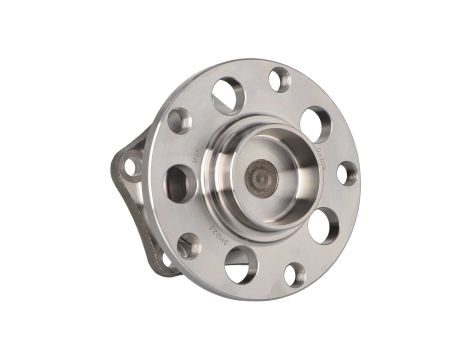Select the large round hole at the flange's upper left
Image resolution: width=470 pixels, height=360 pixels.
tap(227, 96)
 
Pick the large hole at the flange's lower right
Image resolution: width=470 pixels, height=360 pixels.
tap(322, 226)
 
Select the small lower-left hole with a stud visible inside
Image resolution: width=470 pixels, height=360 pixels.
tap(189, 245)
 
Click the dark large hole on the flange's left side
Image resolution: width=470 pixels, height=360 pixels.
tap(177, 184)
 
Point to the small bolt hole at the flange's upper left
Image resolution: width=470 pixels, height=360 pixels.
tap(179, 121)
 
